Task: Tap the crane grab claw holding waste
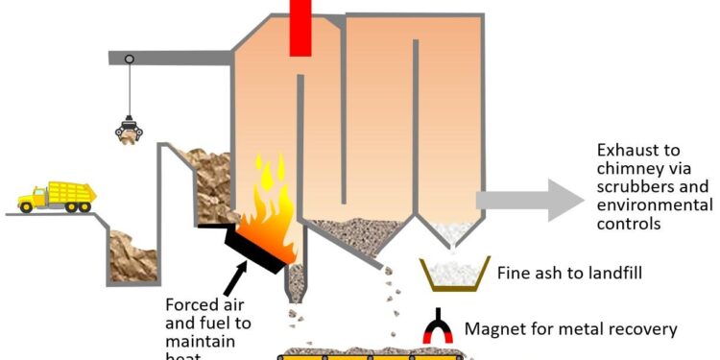pos(126,130)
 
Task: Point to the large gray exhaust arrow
pos(529,200)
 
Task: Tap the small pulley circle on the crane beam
pos(129,60)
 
